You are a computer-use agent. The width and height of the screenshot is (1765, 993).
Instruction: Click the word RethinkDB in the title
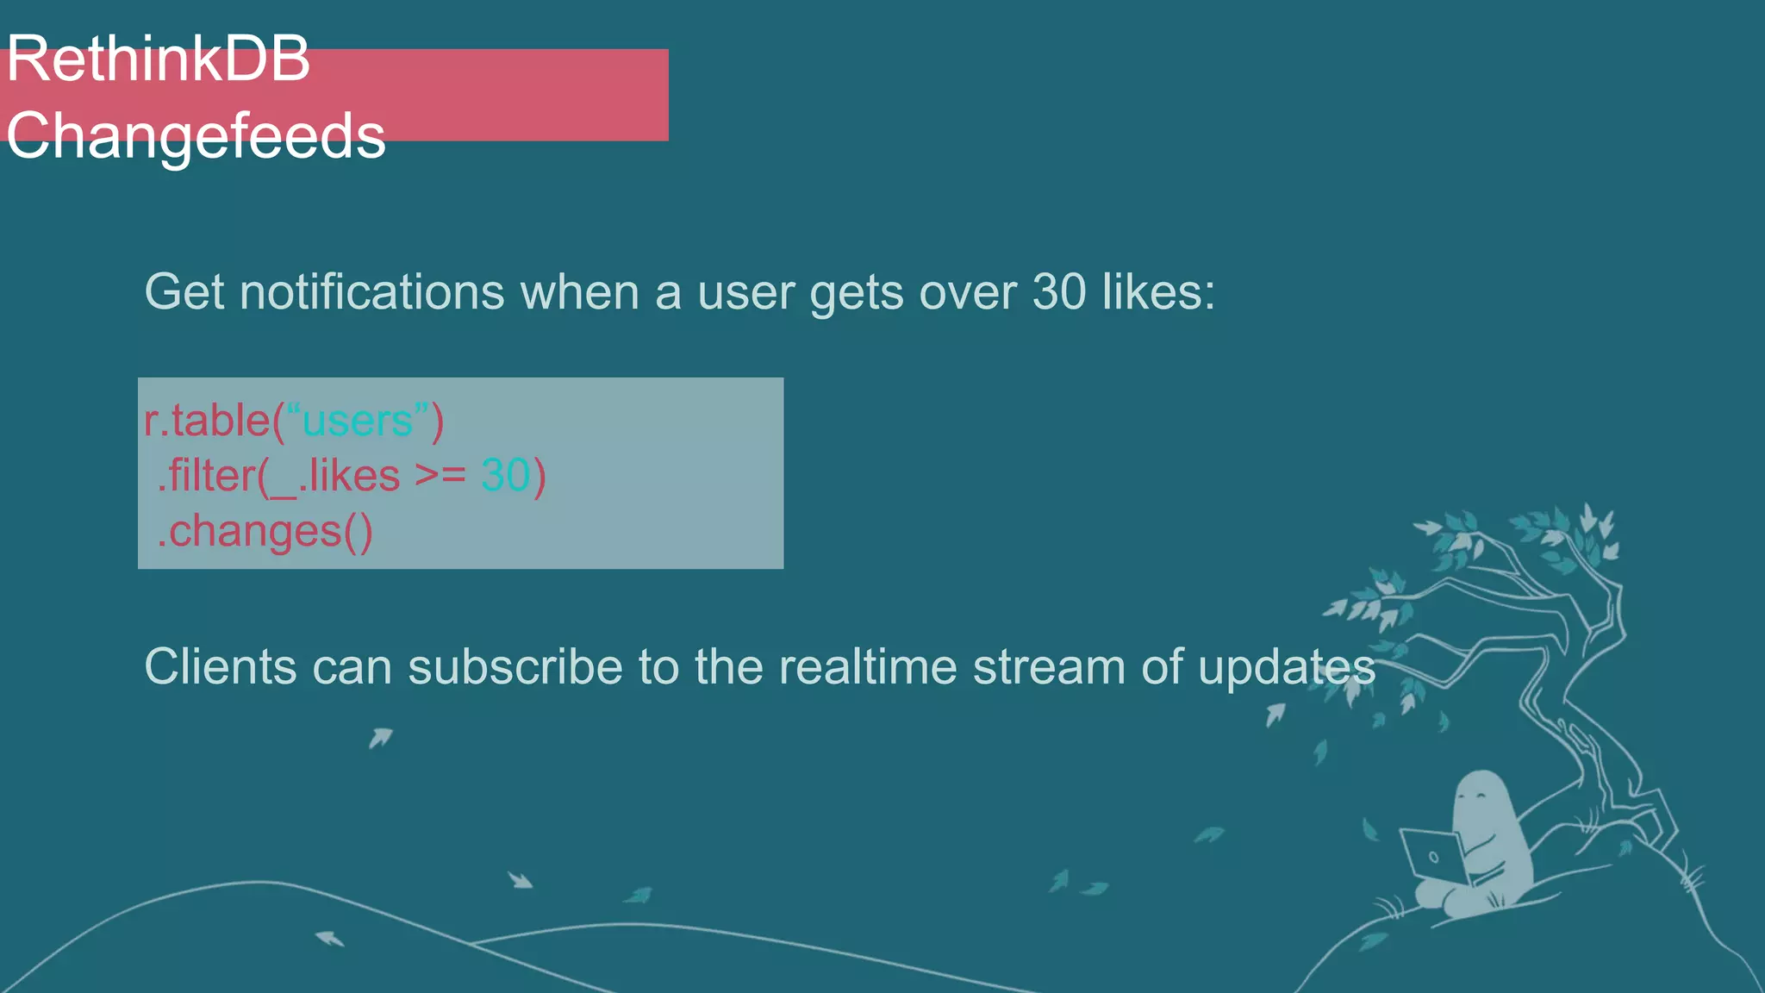pyautogui.click(x=158, y=59)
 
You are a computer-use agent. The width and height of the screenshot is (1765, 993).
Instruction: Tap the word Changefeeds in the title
pyautogui.click(x=196, y=135)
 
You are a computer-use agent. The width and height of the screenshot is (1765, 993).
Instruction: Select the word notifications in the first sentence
pyautogui.click(x=371, y=292)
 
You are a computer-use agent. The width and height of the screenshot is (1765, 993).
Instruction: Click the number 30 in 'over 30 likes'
pyautogui.click(x=1059, y=292)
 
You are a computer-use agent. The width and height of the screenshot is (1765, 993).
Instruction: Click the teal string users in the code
pyautogui.click(x=357, y=422)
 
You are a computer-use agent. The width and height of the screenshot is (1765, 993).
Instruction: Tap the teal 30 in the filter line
pyautogui.click(x=505, y=476)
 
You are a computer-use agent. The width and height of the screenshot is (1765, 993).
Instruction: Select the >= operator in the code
pyautogui.click(x=440, y=476)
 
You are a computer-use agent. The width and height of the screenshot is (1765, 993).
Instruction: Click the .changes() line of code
pyautogui.click(x=265, y=532)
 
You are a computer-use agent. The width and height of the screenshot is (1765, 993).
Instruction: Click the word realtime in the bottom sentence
pyautogui.click(x=867, y=667)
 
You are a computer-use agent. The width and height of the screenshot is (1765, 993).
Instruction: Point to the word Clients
pyautogui.click(x=220, y=667)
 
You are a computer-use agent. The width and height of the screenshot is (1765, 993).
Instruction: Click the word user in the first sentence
pyautogui.click(x=745, y=292)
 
